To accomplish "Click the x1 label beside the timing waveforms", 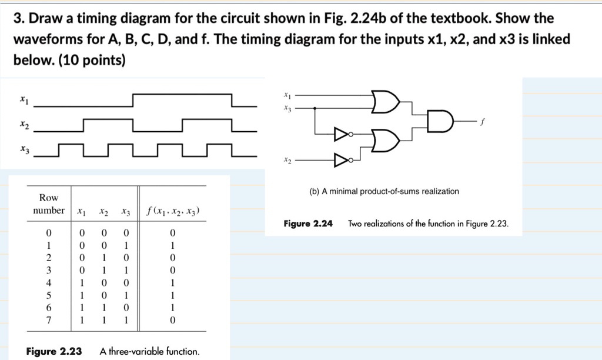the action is [x=22, y=101].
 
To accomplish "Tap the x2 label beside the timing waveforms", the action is [x=23, y=125].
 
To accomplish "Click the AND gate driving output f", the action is [x=440, y=121].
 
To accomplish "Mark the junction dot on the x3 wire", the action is [x=315, y=108].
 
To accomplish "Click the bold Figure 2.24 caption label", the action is [x=308, y=224].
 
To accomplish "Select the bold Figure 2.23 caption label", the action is [x=54, y=352].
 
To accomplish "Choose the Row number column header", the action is [x=49, y=204].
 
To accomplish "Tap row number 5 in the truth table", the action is [x=49, y=295].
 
